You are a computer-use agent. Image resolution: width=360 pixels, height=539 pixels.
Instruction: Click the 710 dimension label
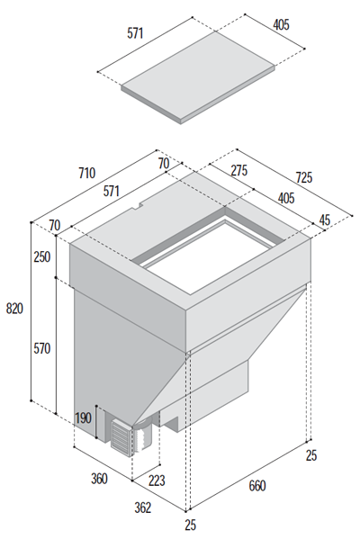click(x=87, y=173)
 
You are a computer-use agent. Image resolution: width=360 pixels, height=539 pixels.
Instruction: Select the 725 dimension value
click(x=304, y=177)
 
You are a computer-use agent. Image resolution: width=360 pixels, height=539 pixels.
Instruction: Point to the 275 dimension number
click(x=239, y=170)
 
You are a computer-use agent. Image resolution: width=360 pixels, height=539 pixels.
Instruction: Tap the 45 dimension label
click(x=325, y=220)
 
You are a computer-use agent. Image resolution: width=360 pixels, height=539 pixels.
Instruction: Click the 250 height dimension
click(x=42, y=256)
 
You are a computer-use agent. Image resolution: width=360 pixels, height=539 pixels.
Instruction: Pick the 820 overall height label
click(x=14, y=309)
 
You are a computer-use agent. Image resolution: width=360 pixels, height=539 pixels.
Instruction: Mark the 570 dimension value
click(x=42, y=348)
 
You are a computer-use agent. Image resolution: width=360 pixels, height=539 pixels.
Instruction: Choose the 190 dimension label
click(x=83, y=418)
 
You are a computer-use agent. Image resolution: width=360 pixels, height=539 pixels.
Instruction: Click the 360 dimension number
click(x=99, y=479)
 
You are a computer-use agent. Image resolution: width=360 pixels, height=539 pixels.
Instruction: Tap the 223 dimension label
click(x=157, y=481)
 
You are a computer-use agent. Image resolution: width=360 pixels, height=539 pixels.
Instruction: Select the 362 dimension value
click(x=142, y=508)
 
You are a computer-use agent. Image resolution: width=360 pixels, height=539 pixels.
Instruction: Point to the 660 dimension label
click(x=257, y=486)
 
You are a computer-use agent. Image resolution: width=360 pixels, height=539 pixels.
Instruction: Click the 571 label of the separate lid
click(x=135, y=33)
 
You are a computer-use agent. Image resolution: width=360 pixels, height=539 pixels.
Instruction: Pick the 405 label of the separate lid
click(x=281, y=25)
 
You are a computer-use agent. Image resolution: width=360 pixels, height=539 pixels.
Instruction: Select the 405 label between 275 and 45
click(x=286, y=198)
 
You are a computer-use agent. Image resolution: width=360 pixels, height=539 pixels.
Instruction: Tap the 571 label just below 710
click(x=112, y=191)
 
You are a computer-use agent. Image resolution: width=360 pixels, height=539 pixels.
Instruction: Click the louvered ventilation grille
click(x=121, y=437)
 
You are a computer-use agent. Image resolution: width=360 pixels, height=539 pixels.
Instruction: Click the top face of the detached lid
click(x=198, y=75)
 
